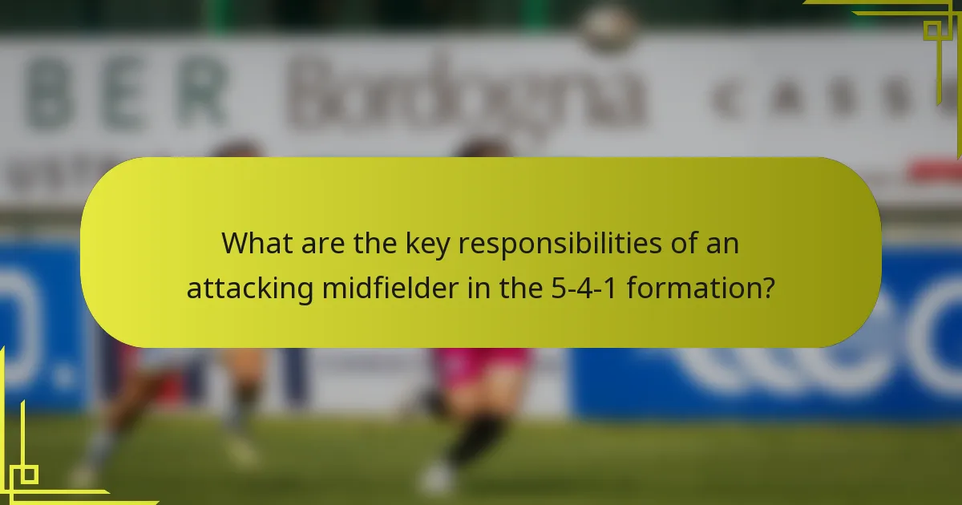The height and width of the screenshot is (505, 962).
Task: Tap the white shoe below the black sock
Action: [437, 479]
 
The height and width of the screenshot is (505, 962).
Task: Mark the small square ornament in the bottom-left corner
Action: [29, 475]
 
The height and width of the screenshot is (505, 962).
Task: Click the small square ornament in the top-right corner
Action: [932, 30]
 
